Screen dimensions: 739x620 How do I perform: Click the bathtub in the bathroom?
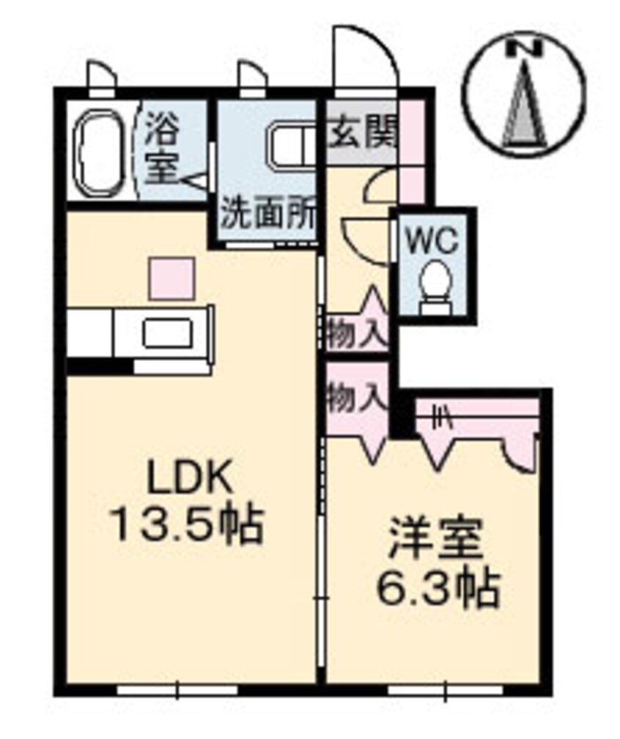(x=100, y=153)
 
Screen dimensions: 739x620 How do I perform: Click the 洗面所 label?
(x=268, y=215)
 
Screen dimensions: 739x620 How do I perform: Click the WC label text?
(x=432, y=239)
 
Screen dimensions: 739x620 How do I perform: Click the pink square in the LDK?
(x=172, y=278)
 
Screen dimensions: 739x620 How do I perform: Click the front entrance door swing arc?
(x=364, y=55)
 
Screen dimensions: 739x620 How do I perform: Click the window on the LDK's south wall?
(x=178, y=688)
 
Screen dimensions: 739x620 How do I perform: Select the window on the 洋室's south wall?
(x=445, y=688)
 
